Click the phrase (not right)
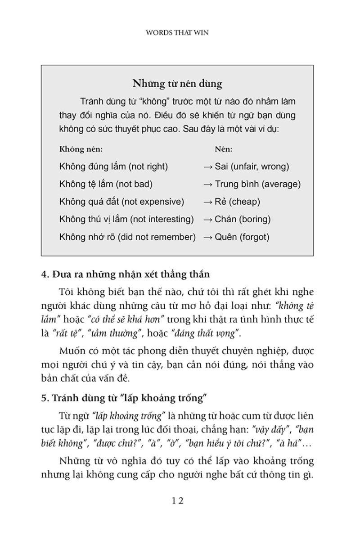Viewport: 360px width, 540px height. point(148,166)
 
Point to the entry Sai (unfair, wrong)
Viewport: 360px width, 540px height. point(252,166)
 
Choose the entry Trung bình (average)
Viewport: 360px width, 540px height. point(257,184)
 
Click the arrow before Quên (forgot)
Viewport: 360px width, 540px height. point(207,238)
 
